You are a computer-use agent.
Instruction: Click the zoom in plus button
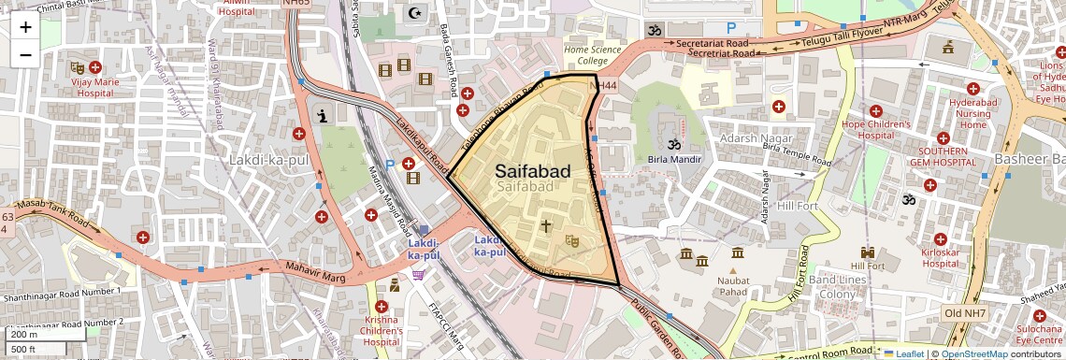25,27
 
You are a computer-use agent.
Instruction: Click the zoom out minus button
25,54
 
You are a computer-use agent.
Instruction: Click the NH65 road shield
295,3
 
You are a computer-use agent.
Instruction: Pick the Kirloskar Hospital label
939,258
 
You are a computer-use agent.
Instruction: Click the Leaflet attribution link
902,353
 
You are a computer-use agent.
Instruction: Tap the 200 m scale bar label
25,335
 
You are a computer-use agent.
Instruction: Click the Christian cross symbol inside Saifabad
546,225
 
